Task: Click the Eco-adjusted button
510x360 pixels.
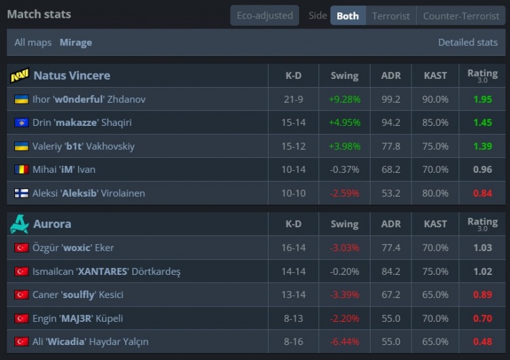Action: point(265,16)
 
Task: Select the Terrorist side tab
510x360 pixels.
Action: point(391,16)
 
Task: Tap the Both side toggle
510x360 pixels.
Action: point(347,16)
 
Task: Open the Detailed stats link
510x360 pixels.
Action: point(468,42)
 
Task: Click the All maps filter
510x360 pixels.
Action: point(33,42)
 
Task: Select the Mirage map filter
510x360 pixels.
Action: point(75,42)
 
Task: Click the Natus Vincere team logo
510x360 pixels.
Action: point(20,76)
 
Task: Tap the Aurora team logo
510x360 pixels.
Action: point(19,224)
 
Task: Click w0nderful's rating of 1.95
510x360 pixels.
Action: point(482,99)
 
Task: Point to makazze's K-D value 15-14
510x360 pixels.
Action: point(293,122)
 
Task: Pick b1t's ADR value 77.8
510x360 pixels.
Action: point(391,146)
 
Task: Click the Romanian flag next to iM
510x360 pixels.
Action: point(21,169)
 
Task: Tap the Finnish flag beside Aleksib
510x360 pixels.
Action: point(21,193)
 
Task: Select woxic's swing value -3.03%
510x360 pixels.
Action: point(344,248)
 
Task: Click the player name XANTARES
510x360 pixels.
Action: point(103,272)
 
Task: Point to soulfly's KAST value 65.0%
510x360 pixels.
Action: point(435,295)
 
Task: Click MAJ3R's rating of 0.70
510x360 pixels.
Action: point(482,318)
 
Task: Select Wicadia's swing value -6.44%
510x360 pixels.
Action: point(344,342)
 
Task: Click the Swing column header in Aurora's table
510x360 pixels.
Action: point(344,224)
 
